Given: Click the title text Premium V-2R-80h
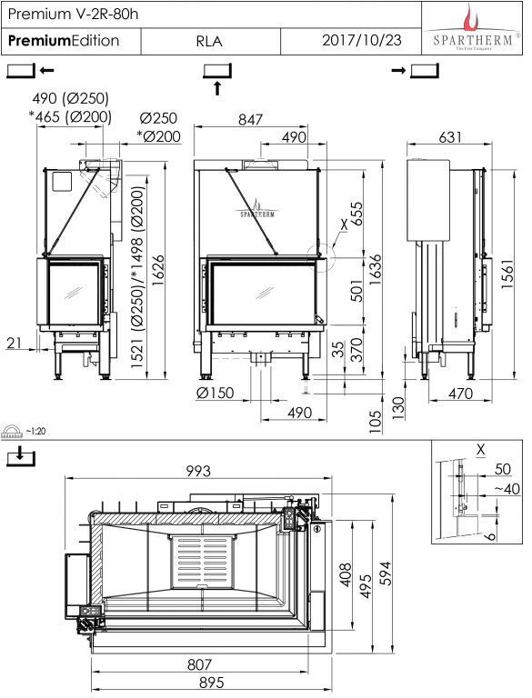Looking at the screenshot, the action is (x=73, y=14).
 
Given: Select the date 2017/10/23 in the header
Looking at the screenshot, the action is (x=361, y=40).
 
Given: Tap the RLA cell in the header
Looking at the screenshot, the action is (x=209, y=41).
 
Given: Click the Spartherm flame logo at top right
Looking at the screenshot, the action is (x=471, y=18).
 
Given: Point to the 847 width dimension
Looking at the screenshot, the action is (x=250, y=119).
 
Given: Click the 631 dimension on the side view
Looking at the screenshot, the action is (x=450, y=137).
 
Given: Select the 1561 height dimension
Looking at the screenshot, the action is (x=508, y=274).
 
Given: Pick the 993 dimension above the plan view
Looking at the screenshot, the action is (x=198, y=471).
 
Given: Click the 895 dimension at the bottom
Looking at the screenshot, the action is (x=211, y=682).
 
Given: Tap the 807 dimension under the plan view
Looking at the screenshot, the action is (x=199, y=664).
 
